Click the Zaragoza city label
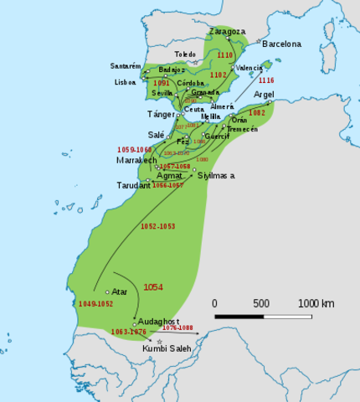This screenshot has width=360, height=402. tap(227, 31)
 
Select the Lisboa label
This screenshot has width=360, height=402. tap(124, 83)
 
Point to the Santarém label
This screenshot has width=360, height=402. tap(125, 65)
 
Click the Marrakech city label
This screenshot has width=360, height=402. tap(136, 160)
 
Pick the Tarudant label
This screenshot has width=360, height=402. tap(133, 185)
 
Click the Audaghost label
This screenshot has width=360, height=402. tap(158, 321)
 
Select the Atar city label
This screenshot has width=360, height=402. tap(119, 291)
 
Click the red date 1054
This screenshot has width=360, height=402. tap(153, 287)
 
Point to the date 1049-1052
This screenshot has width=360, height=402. tap(95, 303)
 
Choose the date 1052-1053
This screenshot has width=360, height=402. tap(157, 227)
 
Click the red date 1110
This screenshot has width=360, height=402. tap(225, 54)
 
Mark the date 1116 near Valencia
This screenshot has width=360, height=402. tap(266, 80)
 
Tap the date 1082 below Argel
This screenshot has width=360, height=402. tap(258, 112)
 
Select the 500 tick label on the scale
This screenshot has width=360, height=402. tap(261, 303)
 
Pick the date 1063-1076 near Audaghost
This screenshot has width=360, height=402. tap(129, 332)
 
